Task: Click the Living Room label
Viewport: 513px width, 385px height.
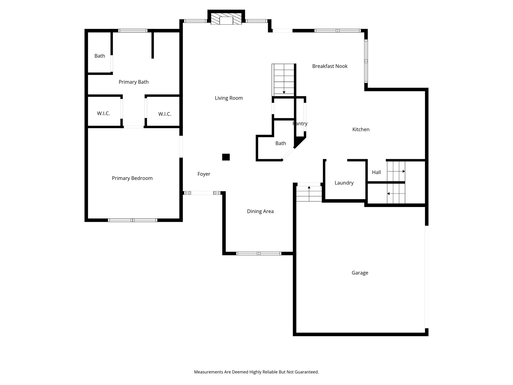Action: [x=229, y=98]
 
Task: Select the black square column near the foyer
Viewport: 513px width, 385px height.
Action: [x=226, y=157]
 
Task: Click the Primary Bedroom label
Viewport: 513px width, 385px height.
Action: [x=132, y=178]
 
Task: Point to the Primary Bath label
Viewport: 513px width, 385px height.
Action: [x=134, y=82]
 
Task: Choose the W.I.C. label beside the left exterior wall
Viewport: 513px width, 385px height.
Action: [x=103, y=113]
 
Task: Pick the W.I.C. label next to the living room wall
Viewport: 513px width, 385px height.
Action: [x=165, y=114]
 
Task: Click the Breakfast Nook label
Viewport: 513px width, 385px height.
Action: [x=330, y=66]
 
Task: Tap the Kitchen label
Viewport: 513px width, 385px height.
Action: [x=361, y=129]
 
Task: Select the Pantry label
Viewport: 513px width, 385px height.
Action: [x=300, y=124]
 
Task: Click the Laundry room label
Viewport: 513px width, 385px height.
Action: [x=344, y=183]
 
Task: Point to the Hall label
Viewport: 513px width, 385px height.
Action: [x=376, y=172]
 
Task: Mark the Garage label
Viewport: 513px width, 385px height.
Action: [x=360, y=273]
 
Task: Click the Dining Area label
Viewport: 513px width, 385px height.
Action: [x=260, y=211]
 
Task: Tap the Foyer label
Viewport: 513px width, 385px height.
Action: [x=204, y=174]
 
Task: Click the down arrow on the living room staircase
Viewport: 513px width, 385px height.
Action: [x=284, y=92]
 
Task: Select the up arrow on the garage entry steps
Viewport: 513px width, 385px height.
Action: [x=309, y=187]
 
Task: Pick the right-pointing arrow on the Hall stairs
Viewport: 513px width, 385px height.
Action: [x=404, y=171]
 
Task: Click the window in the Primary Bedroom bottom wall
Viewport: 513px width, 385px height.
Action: [x=133, y=220]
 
